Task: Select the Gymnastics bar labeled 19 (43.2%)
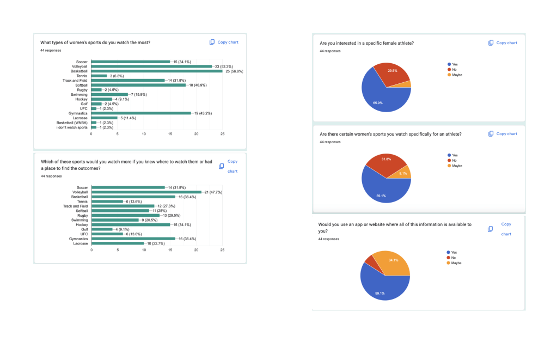(141, 113)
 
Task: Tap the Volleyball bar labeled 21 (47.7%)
(146, 192)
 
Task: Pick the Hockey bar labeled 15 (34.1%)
(131, 224)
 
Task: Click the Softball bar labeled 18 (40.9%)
(138, 85)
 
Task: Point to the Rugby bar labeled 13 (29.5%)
(125, 215)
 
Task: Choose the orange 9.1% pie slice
(403, 173)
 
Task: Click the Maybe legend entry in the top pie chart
(456, 74)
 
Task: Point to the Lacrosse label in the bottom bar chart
(80, 243)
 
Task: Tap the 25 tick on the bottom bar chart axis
(222, 251)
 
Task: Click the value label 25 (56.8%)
(234, 71)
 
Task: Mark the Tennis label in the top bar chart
(82, 76)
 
